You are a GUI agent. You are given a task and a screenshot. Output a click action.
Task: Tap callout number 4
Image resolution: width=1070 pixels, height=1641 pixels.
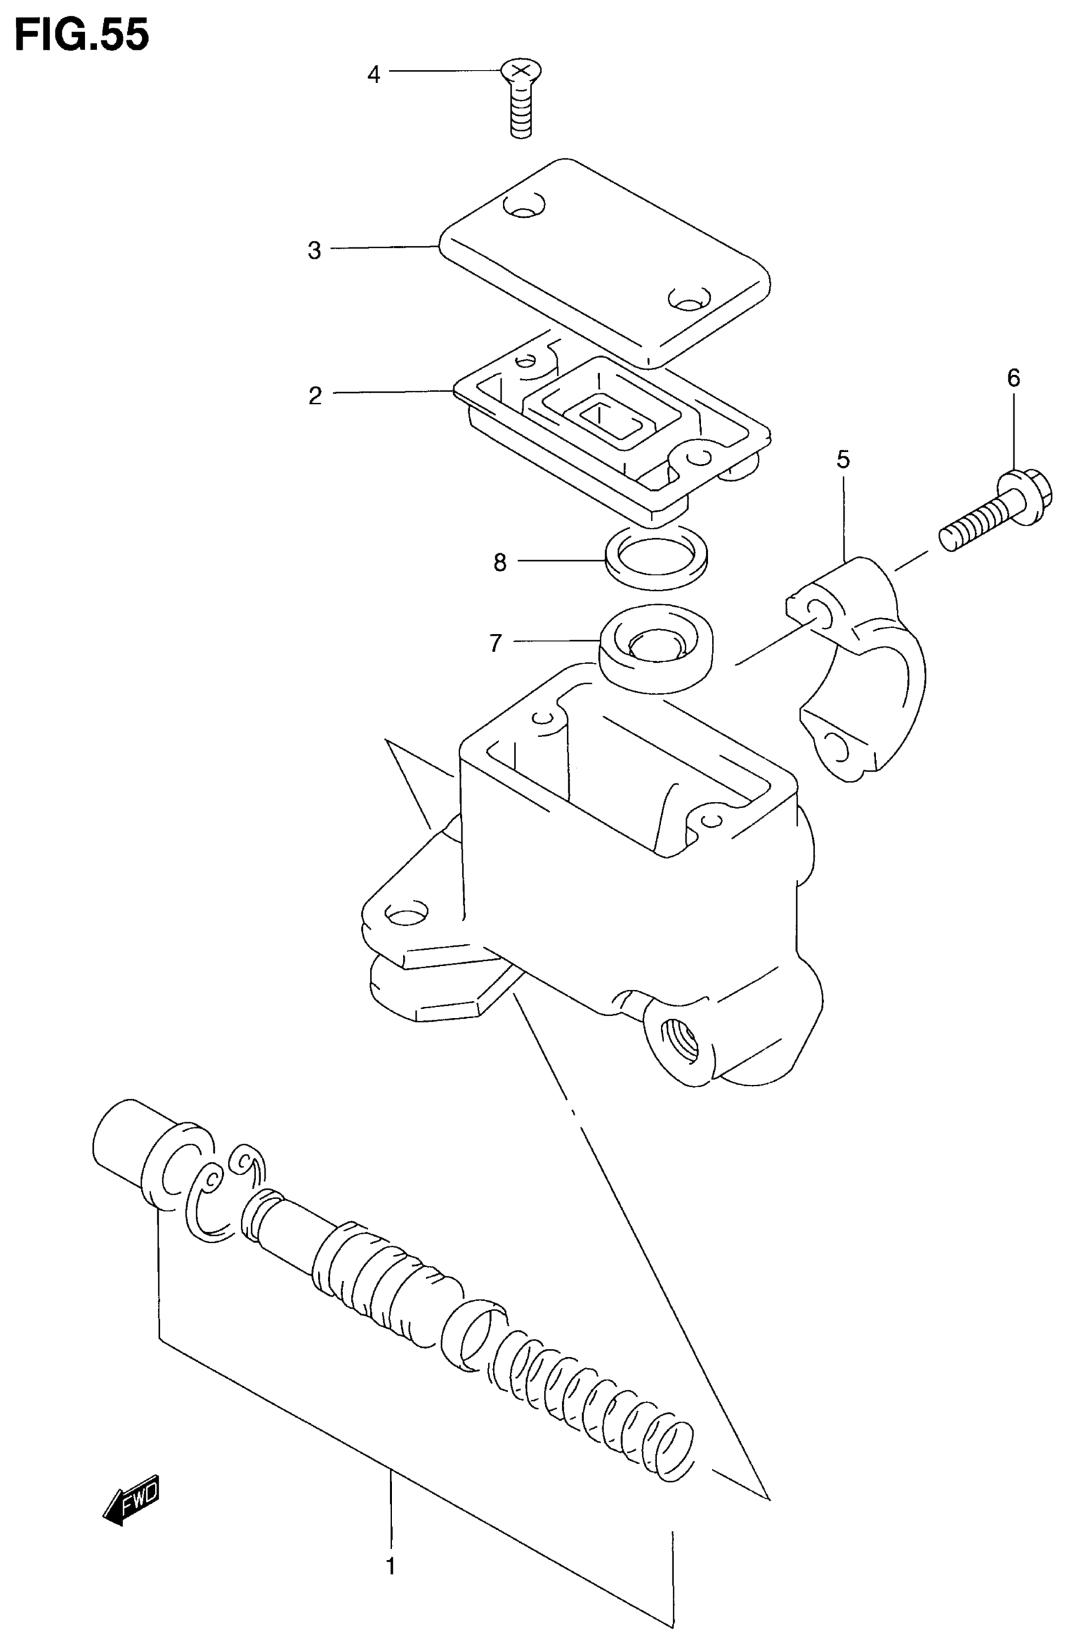point(373,74)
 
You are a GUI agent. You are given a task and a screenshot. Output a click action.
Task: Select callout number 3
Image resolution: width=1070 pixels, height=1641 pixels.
point(314,251)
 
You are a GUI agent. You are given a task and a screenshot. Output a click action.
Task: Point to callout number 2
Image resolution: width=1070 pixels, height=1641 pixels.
point(315,396)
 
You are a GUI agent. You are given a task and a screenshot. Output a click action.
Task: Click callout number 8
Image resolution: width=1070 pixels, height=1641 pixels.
point(500,563)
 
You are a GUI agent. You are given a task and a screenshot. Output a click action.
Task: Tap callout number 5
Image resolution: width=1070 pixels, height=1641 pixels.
point(843,460)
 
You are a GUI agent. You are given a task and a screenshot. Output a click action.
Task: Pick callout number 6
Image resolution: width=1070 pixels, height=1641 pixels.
point(1013,378)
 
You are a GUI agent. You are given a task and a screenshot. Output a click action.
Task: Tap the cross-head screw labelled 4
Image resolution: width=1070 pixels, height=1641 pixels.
point(521,99)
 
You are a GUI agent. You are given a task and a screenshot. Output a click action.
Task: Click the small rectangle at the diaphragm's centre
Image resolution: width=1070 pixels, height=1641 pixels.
point(606,417)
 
